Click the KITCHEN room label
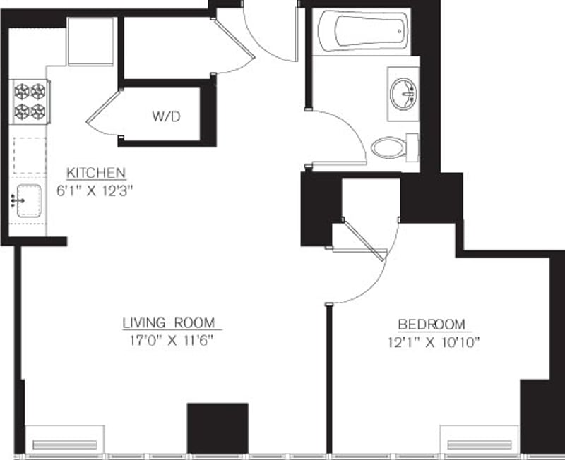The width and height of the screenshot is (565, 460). [96, 173]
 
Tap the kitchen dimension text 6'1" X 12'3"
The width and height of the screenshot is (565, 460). [96, 189]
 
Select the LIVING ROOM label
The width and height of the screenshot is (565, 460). [168, 322]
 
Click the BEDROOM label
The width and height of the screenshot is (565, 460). [432, 325]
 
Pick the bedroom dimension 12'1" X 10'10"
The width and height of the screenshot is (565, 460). [432, 342]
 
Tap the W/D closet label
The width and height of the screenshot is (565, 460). [166, 116]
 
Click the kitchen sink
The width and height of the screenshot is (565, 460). [29, 200]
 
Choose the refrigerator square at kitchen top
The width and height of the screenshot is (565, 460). [90, 41]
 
